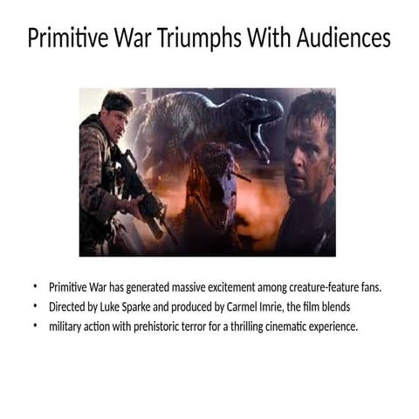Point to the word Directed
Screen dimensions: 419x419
[68, 307]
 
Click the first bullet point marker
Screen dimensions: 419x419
[36, 287]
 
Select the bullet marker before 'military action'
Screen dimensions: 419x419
[36, 326]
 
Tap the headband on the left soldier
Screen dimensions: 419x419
[115, 106]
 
